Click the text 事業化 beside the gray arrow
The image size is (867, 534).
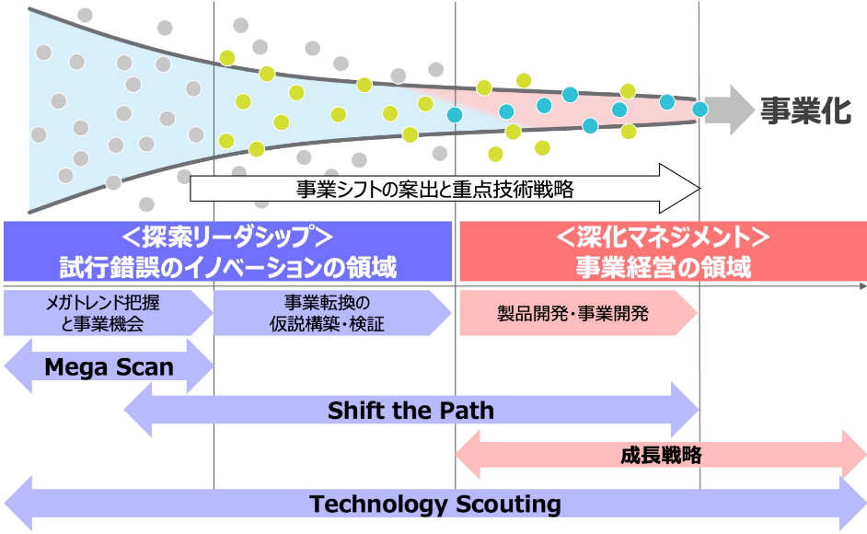[x=805, y=110]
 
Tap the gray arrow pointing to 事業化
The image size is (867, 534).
[x=730, y=110]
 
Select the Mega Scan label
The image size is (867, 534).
[x=109, y=366]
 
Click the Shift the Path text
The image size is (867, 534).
[x=410, y=411]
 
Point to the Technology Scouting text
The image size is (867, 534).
[x=435, y=505]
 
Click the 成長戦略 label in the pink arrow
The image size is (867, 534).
[x=661, y=456]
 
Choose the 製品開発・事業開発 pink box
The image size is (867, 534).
[x=578, y=313]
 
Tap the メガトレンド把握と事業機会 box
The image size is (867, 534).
[x=109, y=313]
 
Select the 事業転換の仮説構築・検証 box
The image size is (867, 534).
[x=332, y=313]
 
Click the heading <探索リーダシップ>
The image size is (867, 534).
[x=227, y=237]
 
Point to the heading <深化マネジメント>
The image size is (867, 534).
[x=663, y=237]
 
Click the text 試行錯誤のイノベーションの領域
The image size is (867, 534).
[x=228, y=267]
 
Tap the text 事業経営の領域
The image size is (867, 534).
[x=663, y=267]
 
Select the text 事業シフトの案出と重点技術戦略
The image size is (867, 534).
[x=434, y=190]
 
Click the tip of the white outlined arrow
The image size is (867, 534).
[x=700, y=189]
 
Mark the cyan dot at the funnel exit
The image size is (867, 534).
[x=700, y=109]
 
